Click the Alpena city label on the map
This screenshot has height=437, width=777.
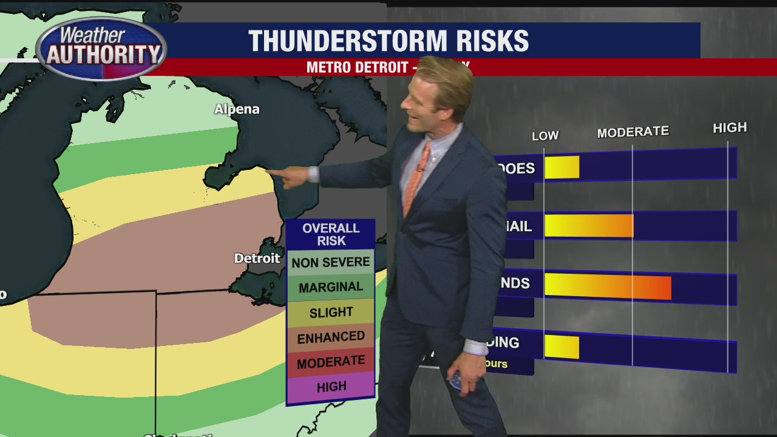pos(237,109)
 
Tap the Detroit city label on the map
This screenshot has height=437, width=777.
pos(257,259)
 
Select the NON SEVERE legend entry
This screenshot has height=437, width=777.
pos(331,262)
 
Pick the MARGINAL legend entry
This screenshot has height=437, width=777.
pos(331,287)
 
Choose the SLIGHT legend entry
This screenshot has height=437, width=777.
pos(331,313)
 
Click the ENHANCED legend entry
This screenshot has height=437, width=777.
pos(331,337)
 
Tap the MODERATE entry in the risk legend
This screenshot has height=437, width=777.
pos(331,362)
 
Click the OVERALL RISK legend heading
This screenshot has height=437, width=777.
pos(331,234)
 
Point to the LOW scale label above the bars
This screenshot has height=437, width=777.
pos(545,136)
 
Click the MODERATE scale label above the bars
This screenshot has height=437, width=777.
pos(633,132)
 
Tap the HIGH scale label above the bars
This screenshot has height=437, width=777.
pos(730,127)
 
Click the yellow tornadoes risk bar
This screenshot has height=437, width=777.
pos(562,168)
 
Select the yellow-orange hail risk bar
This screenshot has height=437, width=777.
pos(589,226)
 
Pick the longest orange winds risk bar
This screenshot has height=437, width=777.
pos(608,286)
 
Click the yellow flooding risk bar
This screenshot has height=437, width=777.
pos(562,347)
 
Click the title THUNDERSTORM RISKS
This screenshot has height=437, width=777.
pos(388,41)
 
